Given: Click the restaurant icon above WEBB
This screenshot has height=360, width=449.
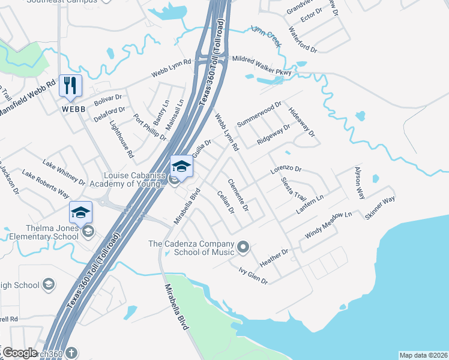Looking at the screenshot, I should click(71, 85).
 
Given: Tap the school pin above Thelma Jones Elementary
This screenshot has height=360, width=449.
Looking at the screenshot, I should click(81, 212).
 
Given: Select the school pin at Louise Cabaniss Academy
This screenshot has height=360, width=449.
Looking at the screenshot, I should click(181, 166).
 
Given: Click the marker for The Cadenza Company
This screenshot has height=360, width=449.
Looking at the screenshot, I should click(243, 247).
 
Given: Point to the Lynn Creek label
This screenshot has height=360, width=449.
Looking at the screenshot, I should click(265, 36).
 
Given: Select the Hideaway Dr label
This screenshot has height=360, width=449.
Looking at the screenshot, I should click(301, 122).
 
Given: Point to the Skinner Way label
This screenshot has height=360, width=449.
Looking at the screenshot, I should click(380, 208).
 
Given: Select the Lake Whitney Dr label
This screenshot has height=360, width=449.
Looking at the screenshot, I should click(64, 172).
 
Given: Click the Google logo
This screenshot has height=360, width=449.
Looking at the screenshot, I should click(20, 353).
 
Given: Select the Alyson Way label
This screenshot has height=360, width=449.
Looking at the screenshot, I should click(360, 182).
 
